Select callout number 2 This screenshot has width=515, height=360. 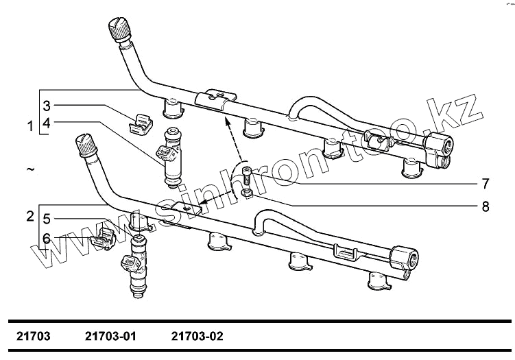click(30, 217)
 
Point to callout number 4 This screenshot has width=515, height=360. click(47, 123)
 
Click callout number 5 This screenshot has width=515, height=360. click(47, 219)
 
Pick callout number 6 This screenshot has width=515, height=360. click(47, 237)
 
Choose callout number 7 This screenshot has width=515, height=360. click(484, 184)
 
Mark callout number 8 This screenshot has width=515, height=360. click(484, 204)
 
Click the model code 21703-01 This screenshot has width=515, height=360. click(111, 337)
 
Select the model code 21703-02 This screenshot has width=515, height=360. click(197, 337)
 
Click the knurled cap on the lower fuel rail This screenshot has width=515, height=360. click(86, 145)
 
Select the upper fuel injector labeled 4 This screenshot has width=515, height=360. click(170, 157)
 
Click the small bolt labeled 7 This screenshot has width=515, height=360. click(246, 176)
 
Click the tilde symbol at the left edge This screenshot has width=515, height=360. click(30, 168)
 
